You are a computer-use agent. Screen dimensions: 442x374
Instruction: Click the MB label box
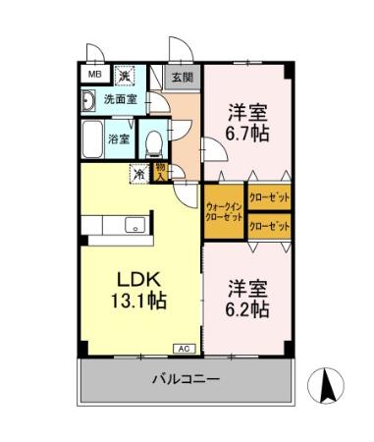pos(95,75)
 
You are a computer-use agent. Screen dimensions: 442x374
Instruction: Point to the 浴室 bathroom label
pos(119,138)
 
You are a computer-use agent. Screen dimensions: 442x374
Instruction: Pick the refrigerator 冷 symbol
pos(140,174)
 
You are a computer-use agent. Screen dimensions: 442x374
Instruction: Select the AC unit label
pos(183,348)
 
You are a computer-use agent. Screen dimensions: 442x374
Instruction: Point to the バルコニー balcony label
pos(186,379)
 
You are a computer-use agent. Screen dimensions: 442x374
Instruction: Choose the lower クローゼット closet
pos(270,227)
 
